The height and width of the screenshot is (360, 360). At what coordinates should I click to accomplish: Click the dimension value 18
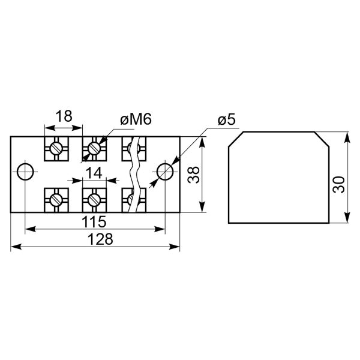(64, 116)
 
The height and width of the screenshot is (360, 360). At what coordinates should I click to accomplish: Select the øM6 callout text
(136, 119)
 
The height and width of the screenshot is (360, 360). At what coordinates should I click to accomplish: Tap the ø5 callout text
(227, 120)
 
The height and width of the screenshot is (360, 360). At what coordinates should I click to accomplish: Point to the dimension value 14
(94, 173)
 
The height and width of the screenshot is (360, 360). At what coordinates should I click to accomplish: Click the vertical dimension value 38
(193, 175)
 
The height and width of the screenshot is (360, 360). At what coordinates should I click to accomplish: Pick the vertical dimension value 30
(339, 185)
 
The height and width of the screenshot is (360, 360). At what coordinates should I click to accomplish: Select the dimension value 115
(94, 221)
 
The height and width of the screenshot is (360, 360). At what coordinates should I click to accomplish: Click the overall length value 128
(100, 239)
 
